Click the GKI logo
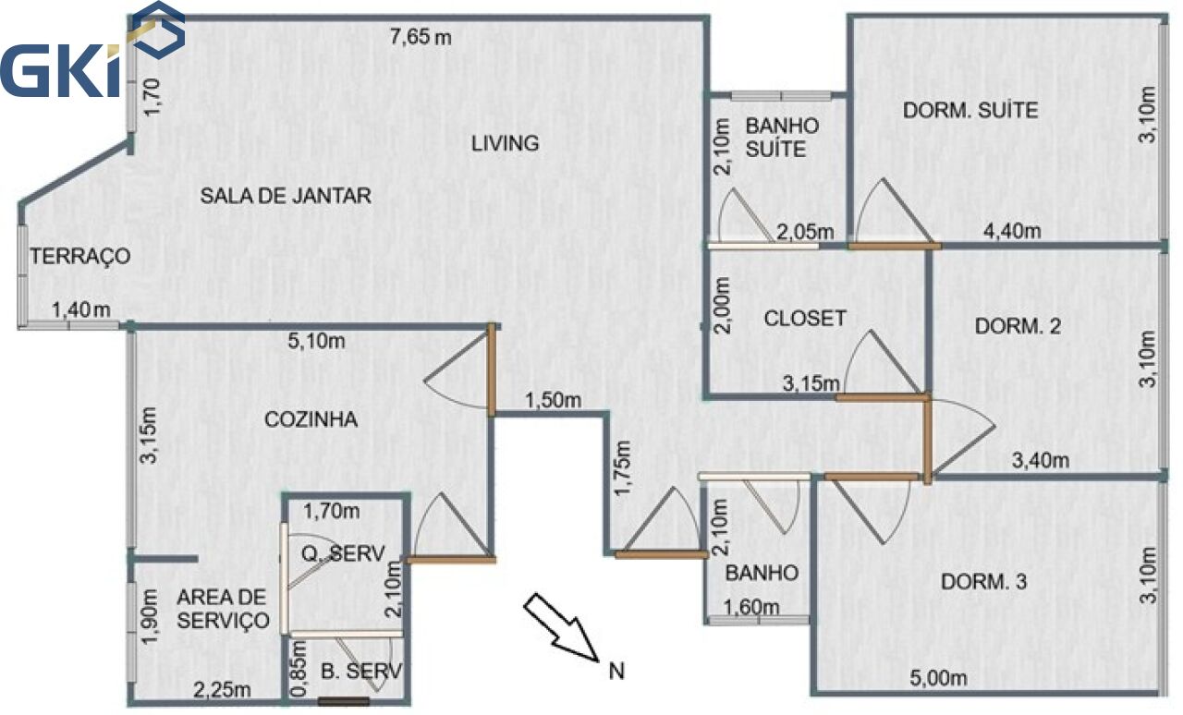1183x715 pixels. (92, 50)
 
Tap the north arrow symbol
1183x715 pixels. (561, 627)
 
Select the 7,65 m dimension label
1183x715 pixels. (421, 37)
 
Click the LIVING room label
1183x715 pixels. (505, 143)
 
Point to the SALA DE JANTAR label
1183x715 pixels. (286, 196)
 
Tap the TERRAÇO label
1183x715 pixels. (79, 256)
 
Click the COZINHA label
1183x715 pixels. (311, 419)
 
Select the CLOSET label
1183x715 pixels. (805, 319)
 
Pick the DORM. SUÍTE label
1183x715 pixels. (970, 110)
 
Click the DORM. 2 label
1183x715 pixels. (1018, 326)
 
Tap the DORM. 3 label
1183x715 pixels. (983, 582)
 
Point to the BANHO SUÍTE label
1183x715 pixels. (782, 138)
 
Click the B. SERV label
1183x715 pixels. (361, 672)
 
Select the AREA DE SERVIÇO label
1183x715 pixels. (223, 609)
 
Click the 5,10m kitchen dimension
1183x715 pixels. (316, 341)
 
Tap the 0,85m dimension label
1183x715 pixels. (299, 669)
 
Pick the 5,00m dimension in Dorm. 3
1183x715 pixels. (938, 678)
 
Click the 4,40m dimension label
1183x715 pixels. (1012, 231)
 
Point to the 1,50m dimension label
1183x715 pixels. (553, 400)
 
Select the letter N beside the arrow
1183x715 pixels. (616, 672)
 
